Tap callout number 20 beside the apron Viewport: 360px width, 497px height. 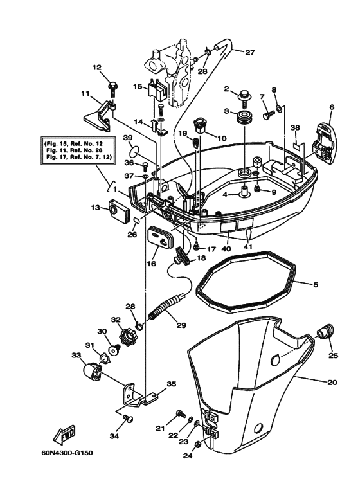tap(332, 383)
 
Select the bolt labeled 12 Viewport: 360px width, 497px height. tap(113, 84)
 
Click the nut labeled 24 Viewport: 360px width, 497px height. tap(198, 445)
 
